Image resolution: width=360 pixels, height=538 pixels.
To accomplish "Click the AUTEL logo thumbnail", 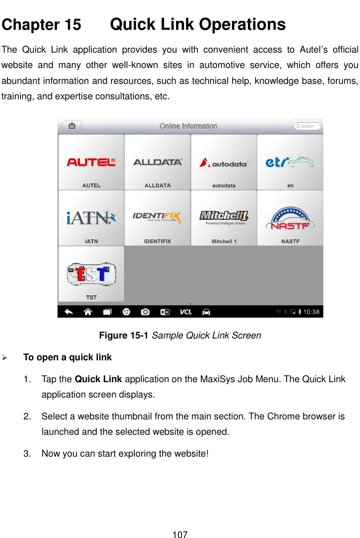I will [x=91, y=162].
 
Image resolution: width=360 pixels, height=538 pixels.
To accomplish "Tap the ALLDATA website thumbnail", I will [x=158, y=162].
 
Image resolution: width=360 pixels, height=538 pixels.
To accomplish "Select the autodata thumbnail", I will [x=224, y=162].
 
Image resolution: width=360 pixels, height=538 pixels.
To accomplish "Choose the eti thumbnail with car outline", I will [x=290, y=162].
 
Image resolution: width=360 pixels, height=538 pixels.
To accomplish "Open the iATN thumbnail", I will [x=91, y=218].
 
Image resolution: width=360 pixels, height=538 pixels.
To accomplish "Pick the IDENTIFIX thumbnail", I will [x=158, y=218].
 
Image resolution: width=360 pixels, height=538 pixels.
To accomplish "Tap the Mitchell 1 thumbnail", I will [x=224, y=218].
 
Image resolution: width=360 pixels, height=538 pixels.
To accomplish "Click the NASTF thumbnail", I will [x=290, y=218].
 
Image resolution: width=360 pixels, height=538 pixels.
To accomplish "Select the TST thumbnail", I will [x=91, y=274].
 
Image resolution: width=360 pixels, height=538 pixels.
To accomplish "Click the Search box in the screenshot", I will [x=307, y=126].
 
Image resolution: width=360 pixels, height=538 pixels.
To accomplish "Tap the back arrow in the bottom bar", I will [x=69, y=312].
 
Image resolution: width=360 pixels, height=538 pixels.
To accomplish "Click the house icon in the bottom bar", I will [x=88, y=312].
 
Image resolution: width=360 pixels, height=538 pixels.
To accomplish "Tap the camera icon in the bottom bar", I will [x=145, y=312].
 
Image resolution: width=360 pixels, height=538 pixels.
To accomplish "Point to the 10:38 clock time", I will [x=311, y=312].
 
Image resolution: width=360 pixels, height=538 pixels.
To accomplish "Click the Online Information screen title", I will [x=188, y=126].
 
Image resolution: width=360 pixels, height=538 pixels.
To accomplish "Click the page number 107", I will [x=180, y=535].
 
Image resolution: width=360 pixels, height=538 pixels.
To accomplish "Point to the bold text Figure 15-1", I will [x=124, y=336].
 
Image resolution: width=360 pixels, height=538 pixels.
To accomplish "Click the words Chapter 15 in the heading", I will [x=42, y=25].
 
